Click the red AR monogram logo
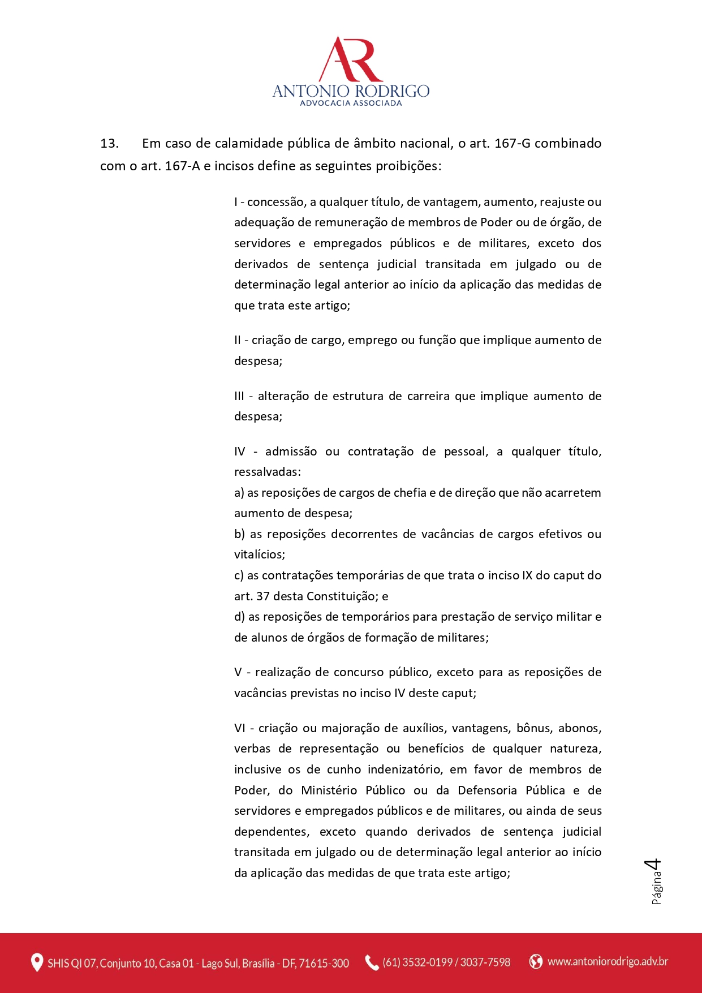tap(351, 59)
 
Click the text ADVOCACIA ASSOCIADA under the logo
tap(351, 103)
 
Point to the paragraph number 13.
tap(109, 144)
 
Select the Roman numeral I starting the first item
tap(236, 202)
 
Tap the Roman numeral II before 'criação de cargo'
tap(238, 340)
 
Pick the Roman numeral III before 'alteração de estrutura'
tap(239, 396)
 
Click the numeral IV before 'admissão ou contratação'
tap(240, 452)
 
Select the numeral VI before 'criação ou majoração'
tap(240, 728)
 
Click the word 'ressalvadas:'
tap(268, 472)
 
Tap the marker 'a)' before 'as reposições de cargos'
tap(239, 493)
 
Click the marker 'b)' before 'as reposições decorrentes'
tap(239, 534)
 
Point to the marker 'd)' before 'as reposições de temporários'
tap(239, 617)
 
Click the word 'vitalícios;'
tap(260, 554)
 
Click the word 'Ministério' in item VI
tap(329, 790)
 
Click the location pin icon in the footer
tap(37, 962)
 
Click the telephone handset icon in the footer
tap(371, 962)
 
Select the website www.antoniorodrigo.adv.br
tap(608, 962)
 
